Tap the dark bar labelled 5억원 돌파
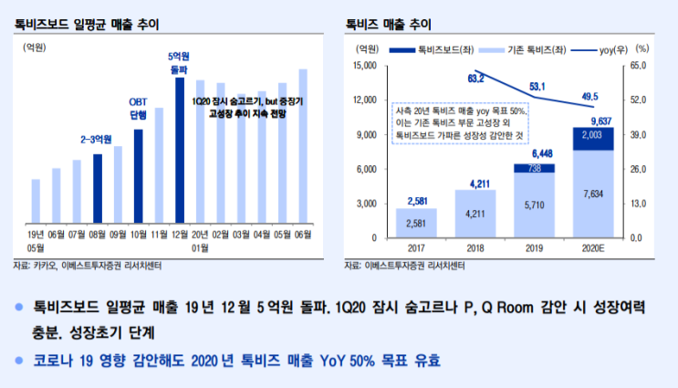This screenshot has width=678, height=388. pyautogui.click(x=179, y=151)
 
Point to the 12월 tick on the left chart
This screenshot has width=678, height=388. pyautogui.click(x=179, y=235)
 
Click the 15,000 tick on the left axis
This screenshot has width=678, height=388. pyautogui.click(x=364, y=66)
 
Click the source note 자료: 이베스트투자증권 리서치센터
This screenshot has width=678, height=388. pyautogui.click(x=405, y=266)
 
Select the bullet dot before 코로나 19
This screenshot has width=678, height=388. pyautogui.click(x=19, y=361)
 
